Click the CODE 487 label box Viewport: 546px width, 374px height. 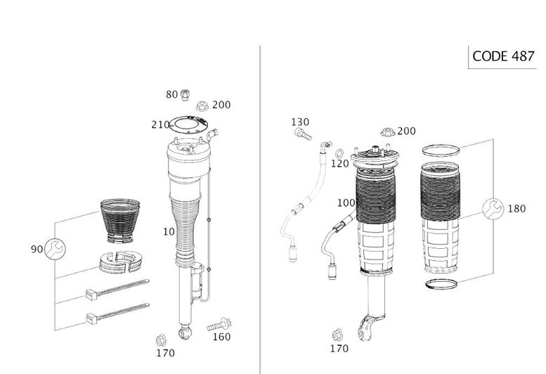click(502, 56)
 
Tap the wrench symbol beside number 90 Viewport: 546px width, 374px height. click(55, 249)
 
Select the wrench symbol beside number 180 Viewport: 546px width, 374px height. click(493, 209)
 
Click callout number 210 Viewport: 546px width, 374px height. click(160, 124)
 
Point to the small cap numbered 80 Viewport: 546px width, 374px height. click(185, 94)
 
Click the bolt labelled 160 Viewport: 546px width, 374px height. click(219, 325)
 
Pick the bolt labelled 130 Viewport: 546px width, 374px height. click(303, 134)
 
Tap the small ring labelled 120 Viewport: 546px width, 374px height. click(339, 153)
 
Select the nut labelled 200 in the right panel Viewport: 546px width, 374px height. click(387, 132)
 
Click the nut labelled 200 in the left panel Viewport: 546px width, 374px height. click(202, 105)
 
